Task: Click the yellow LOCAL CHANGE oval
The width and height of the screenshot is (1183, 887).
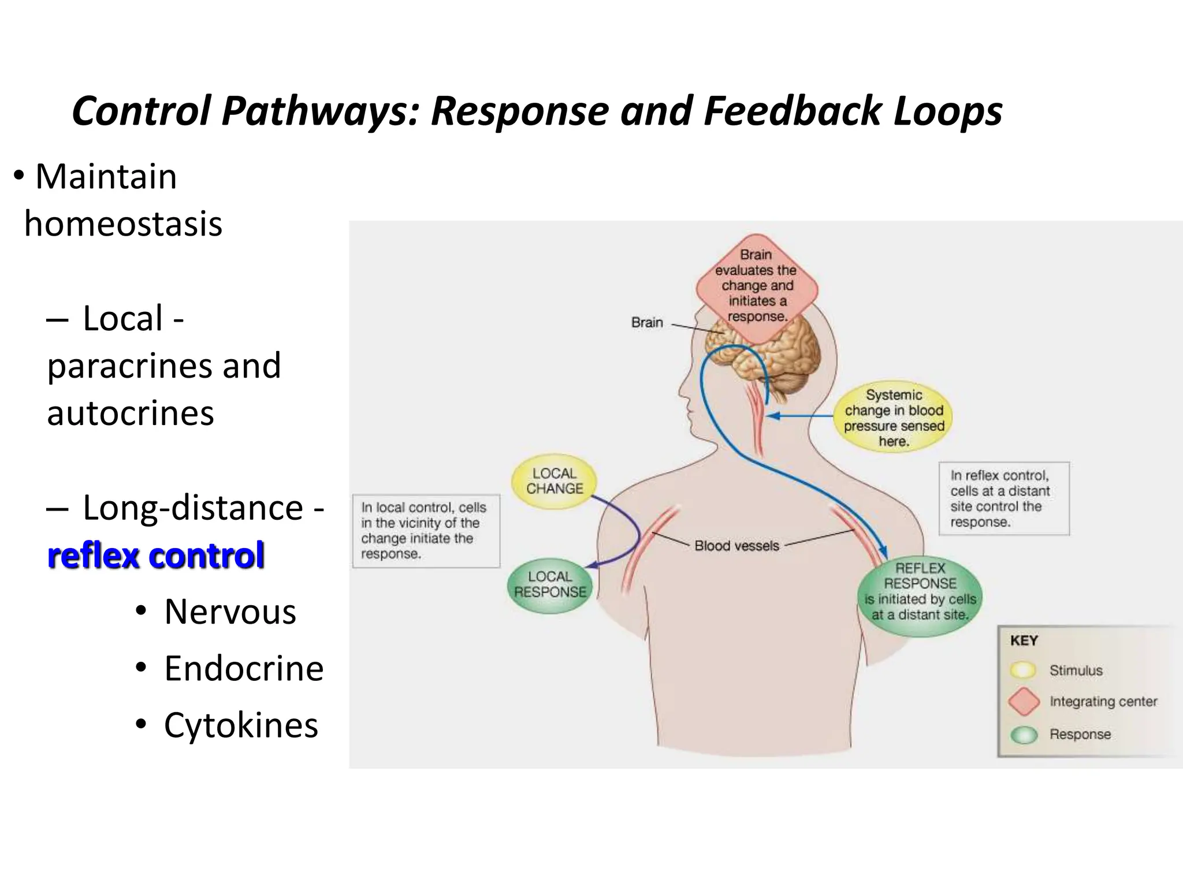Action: [x=554, y=481]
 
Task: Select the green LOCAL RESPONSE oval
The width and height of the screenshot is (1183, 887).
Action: [x=550, y=584]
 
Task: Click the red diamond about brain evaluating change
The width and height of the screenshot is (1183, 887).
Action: [x=757, y=286]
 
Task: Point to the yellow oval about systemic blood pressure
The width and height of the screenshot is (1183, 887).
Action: [x=893, y=418]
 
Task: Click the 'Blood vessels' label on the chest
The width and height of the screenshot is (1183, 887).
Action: [x=736, y=546]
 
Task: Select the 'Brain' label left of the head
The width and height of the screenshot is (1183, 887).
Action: [x=647, y=322]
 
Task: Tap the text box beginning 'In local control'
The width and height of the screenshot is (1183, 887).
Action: [x=426, y=531]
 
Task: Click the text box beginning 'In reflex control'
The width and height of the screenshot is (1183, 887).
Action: [x=1003, y=498]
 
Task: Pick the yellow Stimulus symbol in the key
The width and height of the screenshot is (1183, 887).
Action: [x=1023, y=670]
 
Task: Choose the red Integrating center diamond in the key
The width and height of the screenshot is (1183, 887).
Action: [x=1024, y=702]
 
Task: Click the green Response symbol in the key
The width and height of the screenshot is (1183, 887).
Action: [x=1024, y=735]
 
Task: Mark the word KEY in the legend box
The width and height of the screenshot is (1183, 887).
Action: [x=1024, y=640]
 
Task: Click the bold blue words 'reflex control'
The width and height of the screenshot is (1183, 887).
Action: [x=156, y=556]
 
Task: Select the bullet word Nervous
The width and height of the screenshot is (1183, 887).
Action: [x=230, y=612]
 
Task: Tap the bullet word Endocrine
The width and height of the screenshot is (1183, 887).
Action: [x=243, y=669]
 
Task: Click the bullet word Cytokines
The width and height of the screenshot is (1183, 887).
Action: [x=241, y=725]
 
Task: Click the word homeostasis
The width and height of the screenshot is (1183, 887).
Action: [x=123, y=224]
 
